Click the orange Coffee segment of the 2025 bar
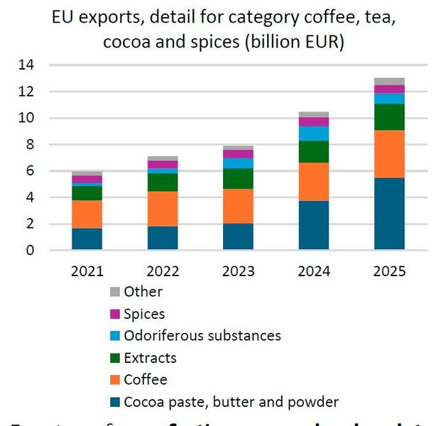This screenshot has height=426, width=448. [x=389, y=154]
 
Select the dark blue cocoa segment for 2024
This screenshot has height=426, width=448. [x=314, y=225]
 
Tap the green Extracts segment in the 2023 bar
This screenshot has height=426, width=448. [x=238, y=178]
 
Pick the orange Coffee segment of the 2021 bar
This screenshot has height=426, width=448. [x=87, y=214]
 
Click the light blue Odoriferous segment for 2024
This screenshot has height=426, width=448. [x=314, y=133]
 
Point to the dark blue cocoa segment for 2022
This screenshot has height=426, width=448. [x=163, y=238]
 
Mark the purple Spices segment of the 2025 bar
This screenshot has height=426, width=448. [x=389, y=89]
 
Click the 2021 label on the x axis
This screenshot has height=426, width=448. [x=87, y=271]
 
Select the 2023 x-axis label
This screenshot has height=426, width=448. [x=238, y=271]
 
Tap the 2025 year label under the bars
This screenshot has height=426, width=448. [x=389, y=271]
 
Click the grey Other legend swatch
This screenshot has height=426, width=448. [x=114, y=292]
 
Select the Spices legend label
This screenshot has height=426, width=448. [x=144, y=314]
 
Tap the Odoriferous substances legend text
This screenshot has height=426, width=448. [x=202, y=336]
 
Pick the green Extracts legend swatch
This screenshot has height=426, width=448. [x=114, y=358]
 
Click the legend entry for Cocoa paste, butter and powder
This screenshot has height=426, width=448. [x=231, y=402]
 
